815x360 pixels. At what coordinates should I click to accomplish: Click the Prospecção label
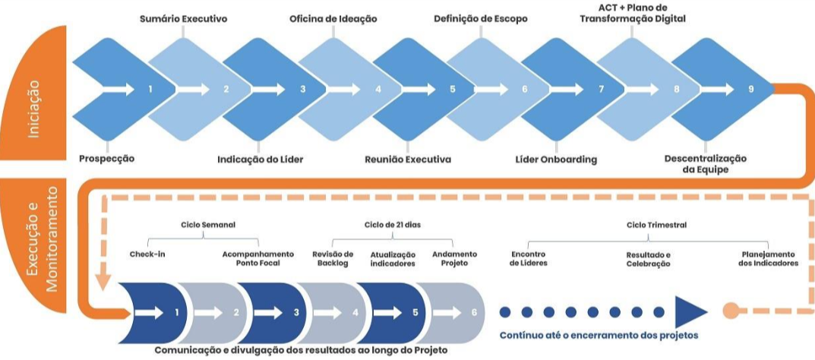(106, 159)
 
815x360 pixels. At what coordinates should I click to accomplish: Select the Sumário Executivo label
(184, 17)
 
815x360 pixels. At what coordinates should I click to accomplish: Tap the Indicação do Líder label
(259, 159)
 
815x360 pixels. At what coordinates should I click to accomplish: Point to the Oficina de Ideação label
(333, 17)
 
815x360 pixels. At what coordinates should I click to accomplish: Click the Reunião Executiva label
(408, 159)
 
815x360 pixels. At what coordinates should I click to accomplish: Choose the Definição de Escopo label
(481, 17)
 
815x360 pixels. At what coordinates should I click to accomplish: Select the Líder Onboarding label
(556, 159)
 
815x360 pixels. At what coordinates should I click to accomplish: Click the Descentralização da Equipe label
(706, 164)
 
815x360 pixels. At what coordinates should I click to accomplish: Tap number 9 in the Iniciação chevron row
(751, 89)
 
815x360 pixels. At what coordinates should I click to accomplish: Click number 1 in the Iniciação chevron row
(150, 89)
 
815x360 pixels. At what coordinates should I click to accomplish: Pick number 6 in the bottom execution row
(474, 312)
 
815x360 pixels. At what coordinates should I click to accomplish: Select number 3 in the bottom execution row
(296, 312)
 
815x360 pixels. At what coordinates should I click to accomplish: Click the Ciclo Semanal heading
(208, 225)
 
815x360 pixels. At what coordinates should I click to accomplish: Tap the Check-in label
(148, 254)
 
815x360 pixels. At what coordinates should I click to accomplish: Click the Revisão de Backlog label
(333, 258)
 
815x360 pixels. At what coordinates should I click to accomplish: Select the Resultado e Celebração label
(648, 258)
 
